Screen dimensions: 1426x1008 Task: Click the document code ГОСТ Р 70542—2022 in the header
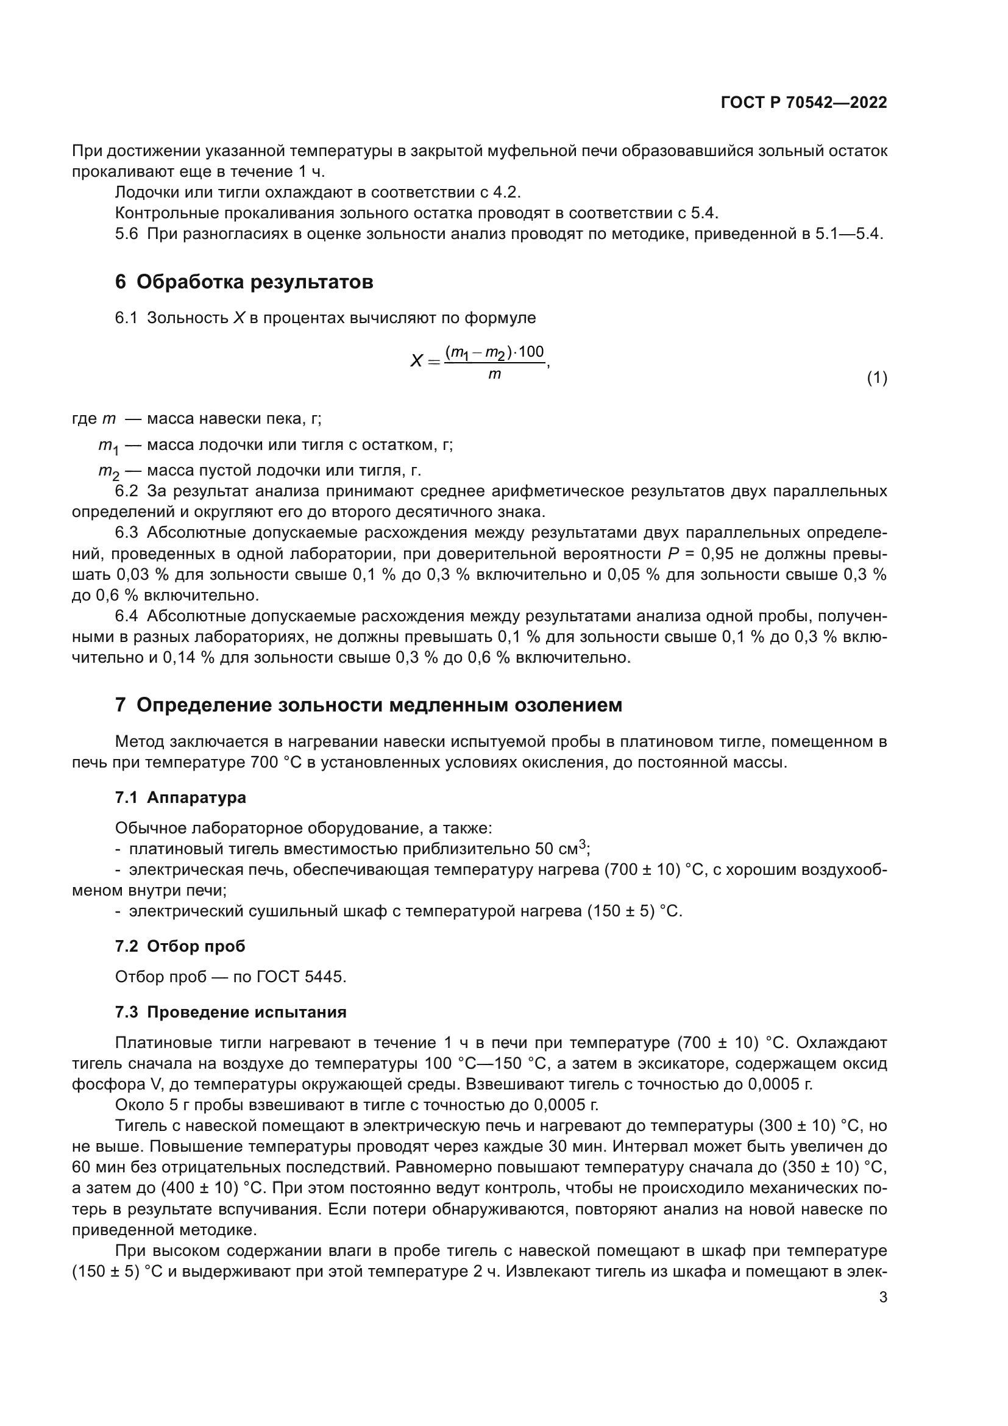click(x=804, y=102)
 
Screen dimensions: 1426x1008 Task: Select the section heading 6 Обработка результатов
click(x=244, y=282)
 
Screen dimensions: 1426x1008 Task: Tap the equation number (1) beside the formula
click(x=876, y=377)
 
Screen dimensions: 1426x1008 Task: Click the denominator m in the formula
click(x=494, y=374)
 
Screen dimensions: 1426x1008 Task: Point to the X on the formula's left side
click(x=416, y=361)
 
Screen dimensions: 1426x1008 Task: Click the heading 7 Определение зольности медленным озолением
click(x=369, y=705)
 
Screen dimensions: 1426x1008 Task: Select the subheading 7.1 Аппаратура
click(x=180, y=797)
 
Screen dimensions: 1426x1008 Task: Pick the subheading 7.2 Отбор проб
click(x=180, y=946)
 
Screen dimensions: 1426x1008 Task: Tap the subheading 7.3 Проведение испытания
click(x=231, y=1012)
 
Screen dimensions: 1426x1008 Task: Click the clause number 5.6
click(x=126, y=234)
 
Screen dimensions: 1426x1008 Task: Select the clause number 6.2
click(x=126, y=491)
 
